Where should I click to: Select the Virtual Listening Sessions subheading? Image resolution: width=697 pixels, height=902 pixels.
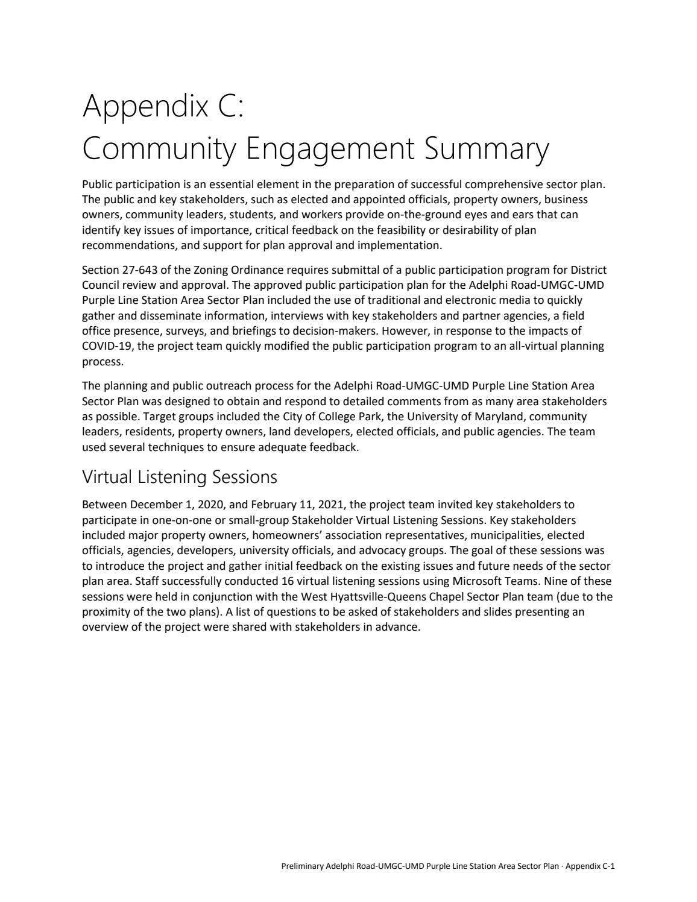pyautogui.click(x=180, y=477)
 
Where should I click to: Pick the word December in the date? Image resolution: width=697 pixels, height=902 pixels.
pyautogui.click(x=153, y=504)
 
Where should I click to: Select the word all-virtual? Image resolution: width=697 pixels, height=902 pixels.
pyautogui.click(x=489, y=346)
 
